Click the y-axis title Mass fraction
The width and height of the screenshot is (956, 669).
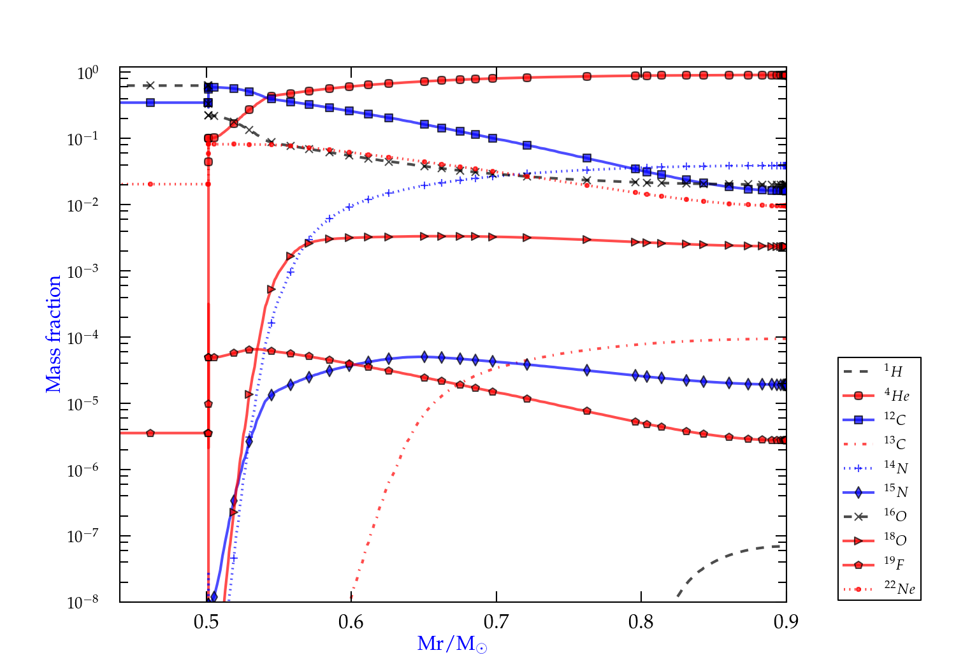coord(54,334)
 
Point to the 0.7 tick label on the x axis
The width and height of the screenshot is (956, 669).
coord(496,622)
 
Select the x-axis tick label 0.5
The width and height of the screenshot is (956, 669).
coord(206,622)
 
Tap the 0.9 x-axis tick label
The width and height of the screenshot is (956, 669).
coord(786,622)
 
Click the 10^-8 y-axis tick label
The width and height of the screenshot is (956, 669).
coord(83,601)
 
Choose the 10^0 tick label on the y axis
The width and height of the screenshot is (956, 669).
coord(87,73)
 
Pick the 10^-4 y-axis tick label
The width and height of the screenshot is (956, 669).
coord(83,337)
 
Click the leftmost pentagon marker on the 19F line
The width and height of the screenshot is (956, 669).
coord(150,433)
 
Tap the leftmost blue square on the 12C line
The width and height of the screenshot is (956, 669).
coord(150,103)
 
